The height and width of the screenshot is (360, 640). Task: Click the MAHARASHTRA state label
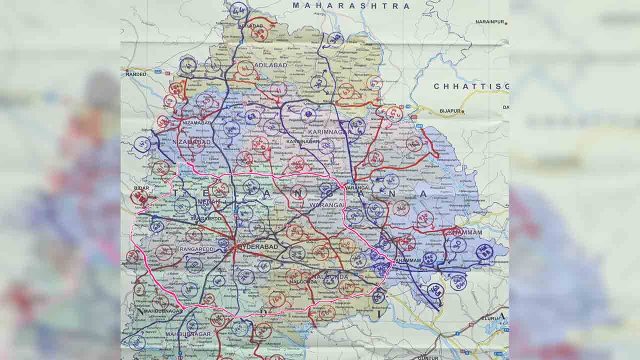[x=351, y=6]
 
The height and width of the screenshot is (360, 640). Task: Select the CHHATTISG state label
[x=470, y=86]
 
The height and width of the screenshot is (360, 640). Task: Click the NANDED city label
[x=136, y=74]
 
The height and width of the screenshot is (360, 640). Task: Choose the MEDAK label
[x=208, y=201]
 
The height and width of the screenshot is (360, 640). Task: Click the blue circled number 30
[x=457, y=244]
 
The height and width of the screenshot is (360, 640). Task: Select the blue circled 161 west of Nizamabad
[x=142, y=145]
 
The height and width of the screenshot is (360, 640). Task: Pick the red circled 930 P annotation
[x=139, y=197]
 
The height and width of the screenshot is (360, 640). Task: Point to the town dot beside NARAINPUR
[x=506, y=23]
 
